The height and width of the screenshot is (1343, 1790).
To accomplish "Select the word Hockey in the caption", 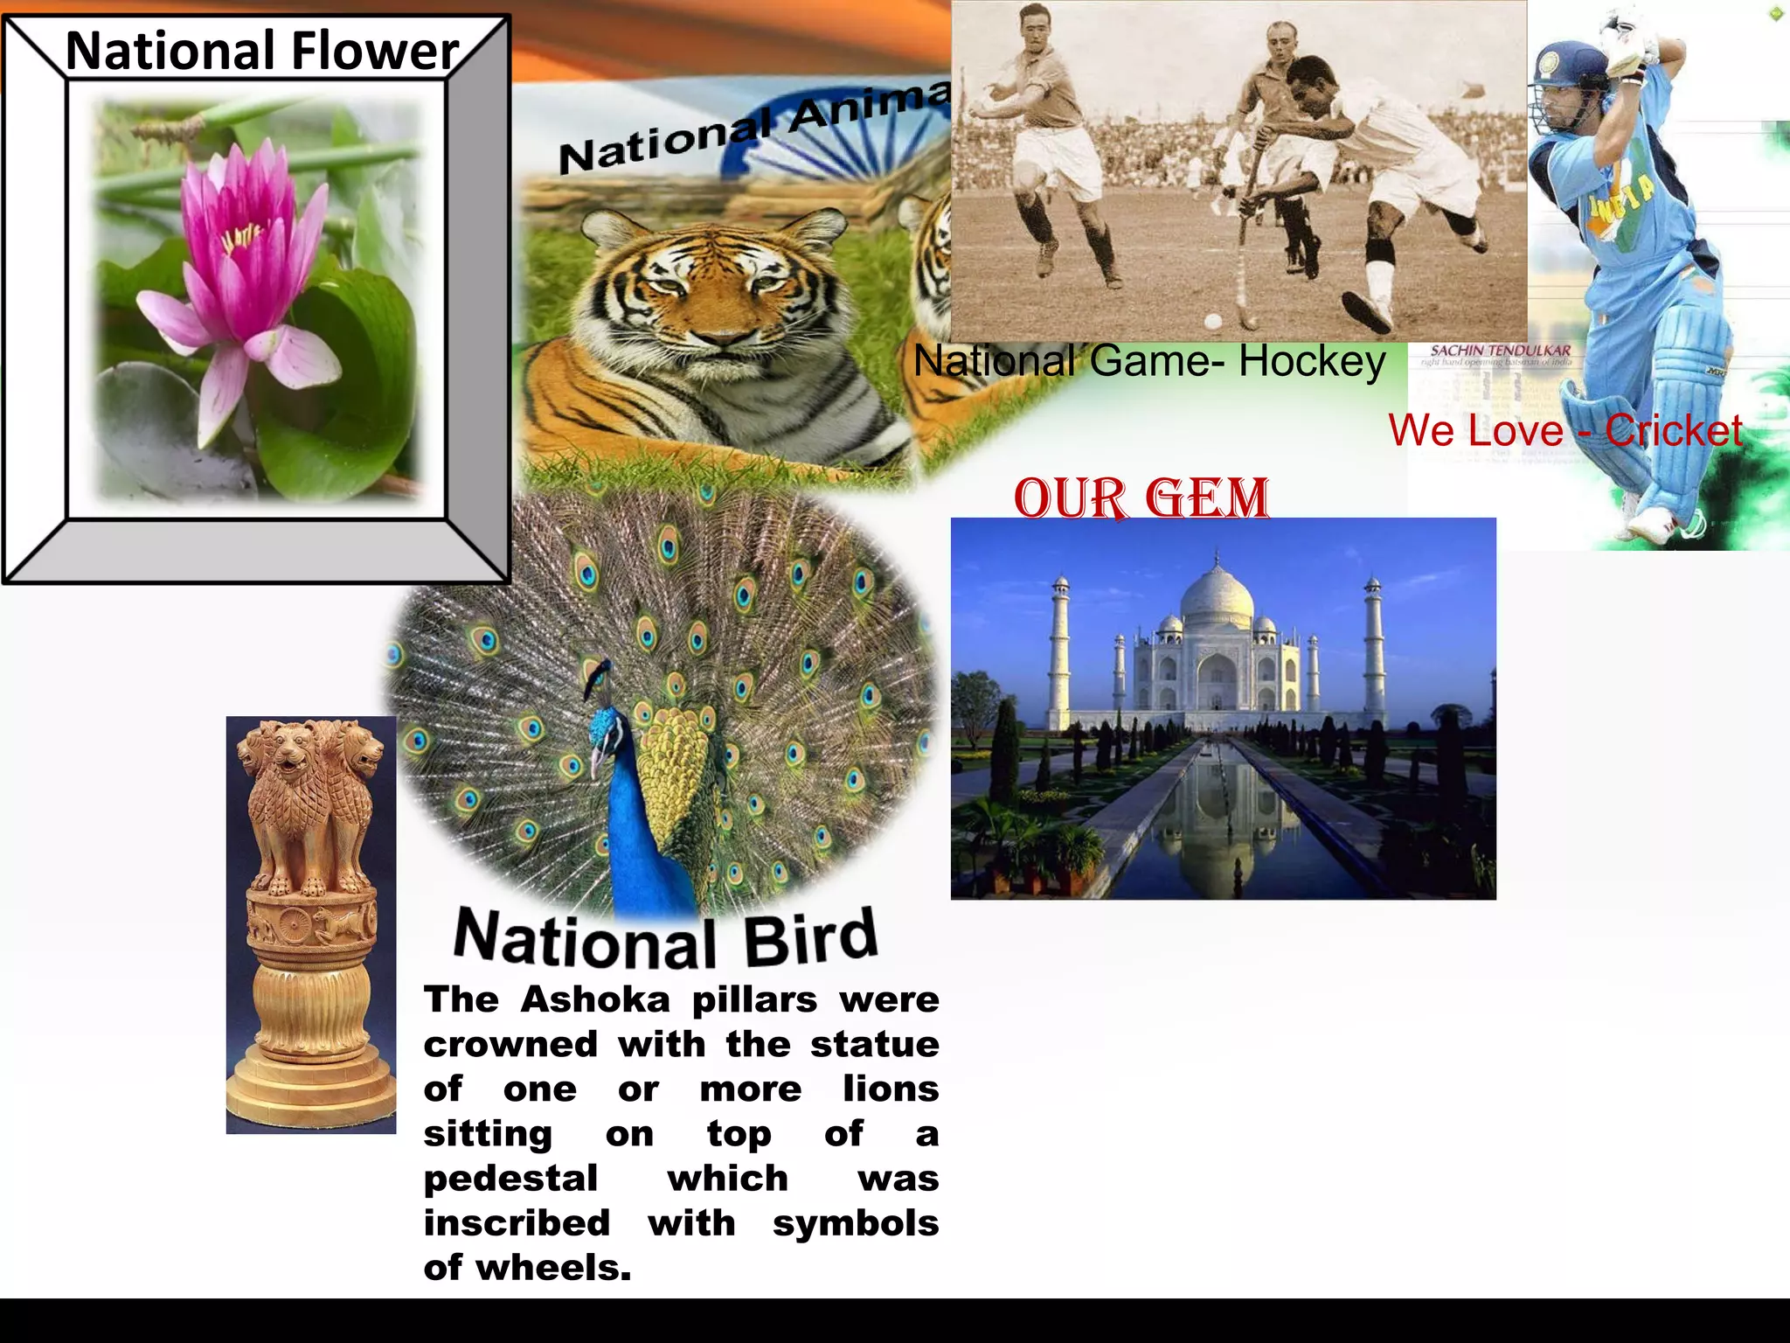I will tap(1311, 361).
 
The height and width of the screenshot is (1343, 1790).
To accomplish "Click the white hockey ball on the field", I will tap(1212, 320).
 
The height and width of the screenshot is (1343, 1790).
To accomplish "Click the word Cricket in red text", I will tap(1673, 430).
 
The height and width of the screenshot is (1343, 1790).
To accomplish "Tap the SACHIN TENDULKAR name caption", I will tap(1500, 351).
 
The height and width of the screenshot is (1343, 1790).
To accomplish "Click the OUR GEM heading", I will tap(1141, 498).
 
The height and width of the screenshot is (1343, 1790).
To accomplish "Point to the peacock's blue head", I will tap(602, 725).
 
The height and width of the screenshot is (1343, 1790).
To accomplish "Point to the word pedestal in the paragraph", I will tap(510, 1179).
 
